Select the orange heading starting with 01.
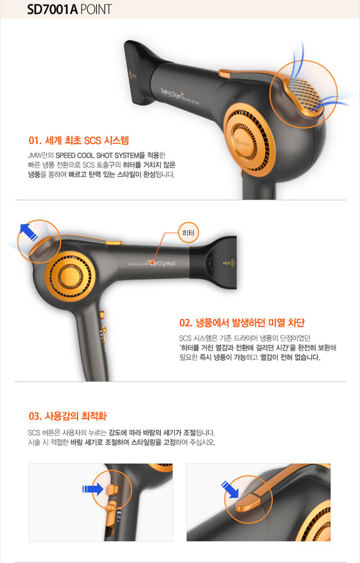[x=79, y=140]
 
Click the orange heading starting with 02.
[x=242, y=323]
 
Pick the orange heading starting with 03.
[x=67, y=416]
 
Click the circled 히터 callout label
[x=188, y=233]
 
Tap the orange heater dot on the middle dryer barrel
[x=152, y=263]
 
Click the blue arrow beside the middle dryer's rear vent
[x=28, y=232]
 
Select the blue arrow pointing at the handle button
[x=93, y=489]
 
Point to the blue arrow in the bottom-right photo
[x=230, y=489]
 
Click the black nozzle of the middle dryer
[x=213, y=263]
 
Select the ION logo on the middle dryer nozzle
[x=229, y=263]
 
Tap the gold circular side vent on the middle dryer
[x=70, y=276]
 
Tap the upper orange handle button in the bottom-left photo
[x=112, y=490]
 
